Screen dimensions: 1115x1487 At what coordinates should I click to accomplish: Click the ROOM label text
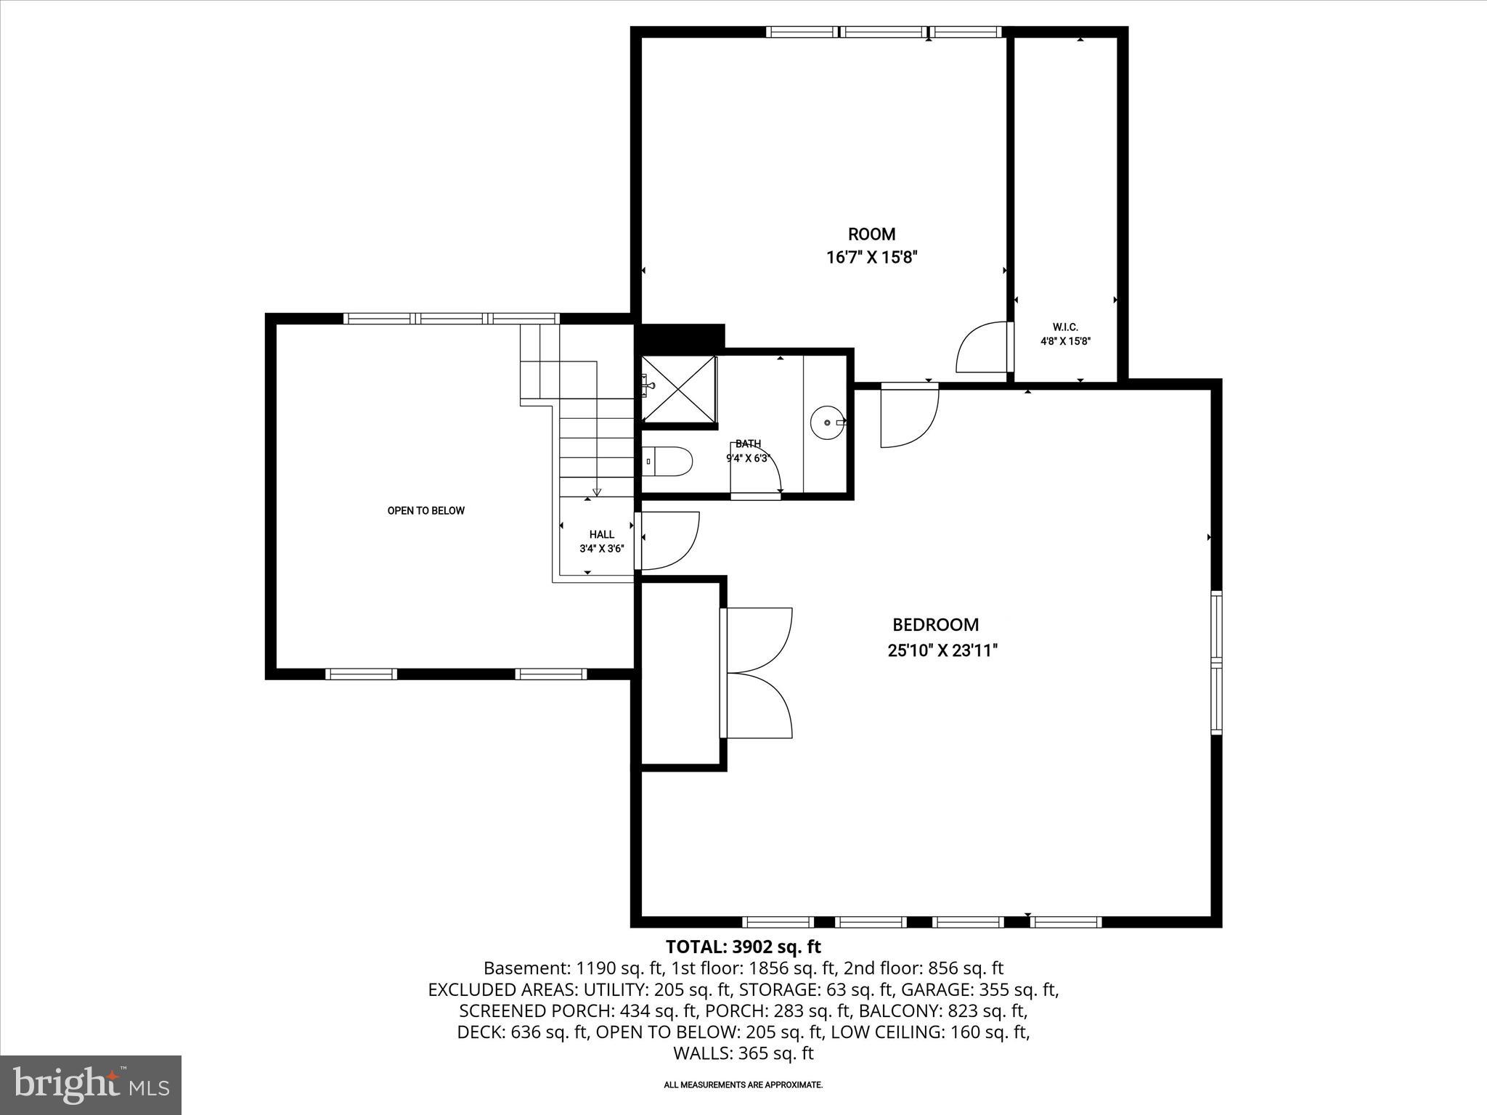tap(871, 234)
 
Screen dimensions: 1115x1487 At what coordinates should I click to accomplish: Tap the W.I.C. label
tap(1065, 327)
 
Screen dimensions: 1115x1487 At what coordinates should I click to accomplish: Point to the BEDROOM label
tap(935, 624)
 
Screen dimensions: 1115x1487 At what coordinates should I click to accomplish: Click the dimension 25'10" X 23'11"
tap(942, 650)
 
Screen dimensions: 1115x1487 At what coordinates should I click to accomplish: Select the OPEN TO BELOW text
tap(425, 510)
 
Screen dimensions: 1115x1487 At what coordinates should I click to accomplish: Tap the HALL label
tap(601, 534)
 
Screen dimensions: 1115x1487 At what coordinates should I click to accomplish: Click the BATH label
tap(748, 444)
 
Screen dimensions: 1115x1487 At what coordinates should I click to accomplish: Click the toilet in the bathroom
tap(668, 461)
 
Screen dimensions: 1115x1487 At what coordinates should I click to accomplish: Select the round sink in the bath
tap(828, 422)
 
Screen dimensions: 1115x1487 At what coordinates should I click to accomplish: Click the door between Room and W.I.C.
tap(984, 347)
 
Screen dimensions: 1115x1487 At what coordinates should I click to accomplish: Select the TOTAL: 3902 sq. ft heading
tap(743, 947)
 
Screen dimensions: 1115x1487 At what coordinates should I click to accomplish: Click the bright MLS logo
tap(91, 1085)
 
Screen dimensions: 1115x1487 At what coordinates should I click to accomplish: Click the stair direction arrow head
tap(597, 492)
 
